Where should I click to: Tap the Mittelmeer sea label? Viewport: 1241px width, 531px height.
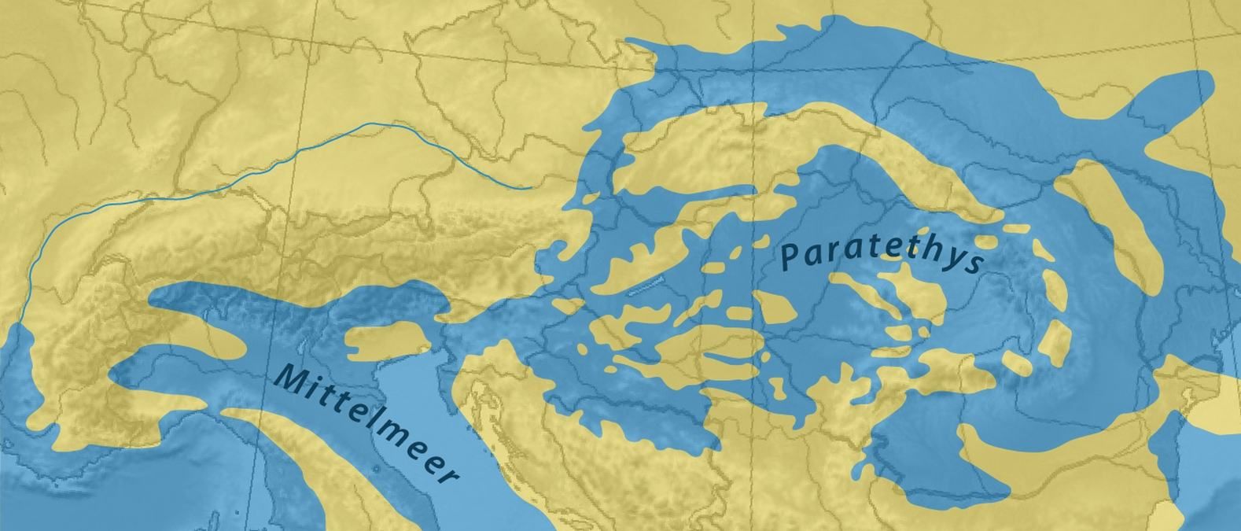pyautogui.click(x=366, y=423)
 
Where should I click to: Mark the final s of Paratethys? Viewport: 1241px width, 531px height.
pyautogui.click(x=975, y=264)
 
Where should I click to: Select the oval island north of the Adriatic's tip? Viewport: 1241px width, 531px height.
pyautogui.click(x=389, y=340)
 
